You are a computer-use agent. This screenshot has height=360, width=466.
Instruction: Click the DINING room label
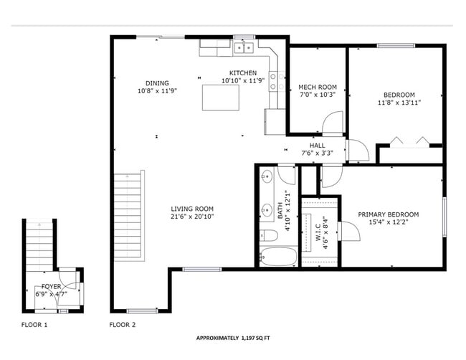click(157, 82)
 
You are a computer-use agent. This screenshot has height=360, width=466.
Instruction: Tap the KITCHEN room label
click(242, 73)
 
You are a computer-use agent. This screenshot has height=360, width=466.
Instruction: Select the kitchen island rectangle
click(220, 98)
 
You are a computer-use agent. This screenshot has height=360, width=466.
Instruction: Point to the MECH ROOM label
click(317, 87)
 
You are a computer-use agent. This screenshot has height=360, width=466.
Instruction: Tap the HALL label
click(317, 145)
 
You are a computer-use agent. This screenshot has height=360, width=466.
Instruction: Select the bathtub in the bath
click(277, 256)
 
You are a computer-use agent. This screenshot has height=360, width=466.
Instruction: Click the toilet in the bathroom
click(268, 236)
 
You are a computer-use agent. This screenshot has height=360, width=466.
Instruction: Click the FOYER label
click(51, 286)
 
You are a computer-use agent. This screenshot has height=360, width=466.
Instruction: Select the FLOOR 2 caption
click(122, 325)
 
